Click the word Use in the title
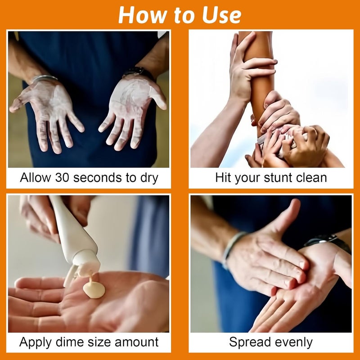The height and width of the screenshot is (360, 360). pyautogui.click(x=221, y=15)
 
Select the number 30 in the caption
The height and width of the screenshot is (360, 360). pyautogui.click(x=62, y=177)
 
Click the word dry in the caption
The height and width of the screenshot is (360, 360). pyautogui.click(x=149, y=178)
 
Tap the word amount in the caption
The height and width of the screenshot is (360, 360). pyautogui.click(x=136, y=342)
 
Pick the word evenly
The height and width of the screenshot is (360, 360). pyautogui.click(x=291, y=342)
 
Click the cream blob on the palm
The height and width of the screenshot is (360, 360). pyautogui.click(x=94, y=289)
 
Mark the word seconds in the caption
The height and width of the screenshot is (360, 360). pyautogui.click(x=97, y=178)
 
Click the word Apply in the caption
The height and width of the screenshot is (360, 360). pyautogui.click(x=36, y=342)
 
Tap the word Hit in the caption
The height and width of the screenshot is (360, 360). pyautogui.click(x=223, y=177)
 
